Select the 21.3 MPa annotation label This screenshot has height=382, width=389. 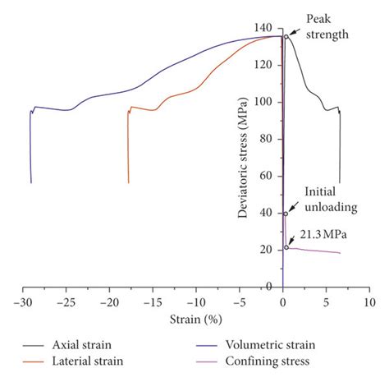[x=323, y=235]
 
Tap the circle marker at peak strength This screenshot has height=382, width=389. [x=286, y=36]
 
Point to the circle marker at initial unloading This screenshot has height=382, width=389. [x=286, y=213]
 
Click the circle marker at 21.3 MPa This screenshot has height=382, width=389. [x=286, y=247]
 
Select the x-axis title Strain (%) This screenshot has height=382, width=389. [x=195, y=319]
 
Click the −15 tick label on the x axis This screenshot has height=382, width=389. [x=152, y=301]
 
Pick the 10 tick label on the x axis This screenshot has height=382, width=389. [x=368, y=301]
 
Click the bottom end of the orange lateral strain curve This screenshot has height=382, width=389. [x=128, y=182]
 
